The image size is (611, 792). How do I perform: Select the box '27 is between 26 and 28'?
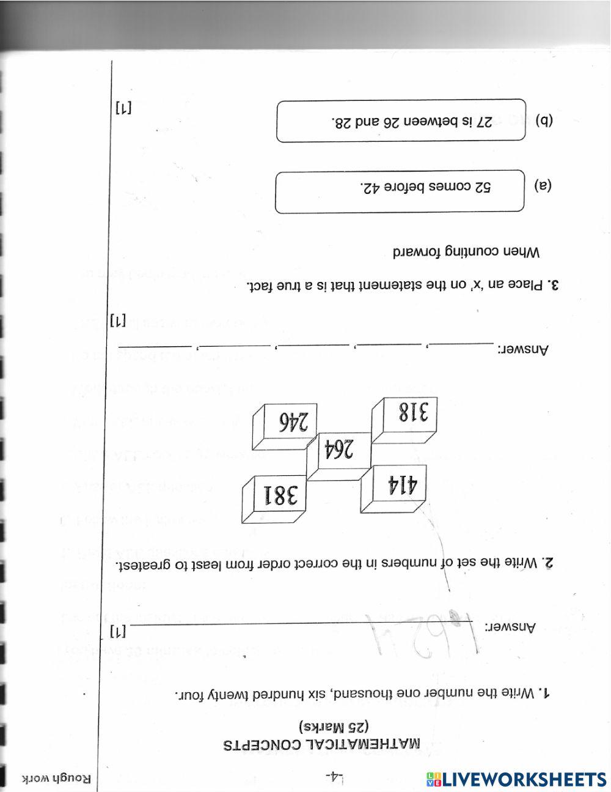401,121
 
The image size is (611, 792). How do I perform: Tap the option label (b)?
543,120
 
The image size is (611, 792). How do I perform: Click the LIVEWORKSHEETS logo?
516,779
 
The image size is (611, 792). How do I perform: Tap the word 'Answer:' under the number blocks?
525,350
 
